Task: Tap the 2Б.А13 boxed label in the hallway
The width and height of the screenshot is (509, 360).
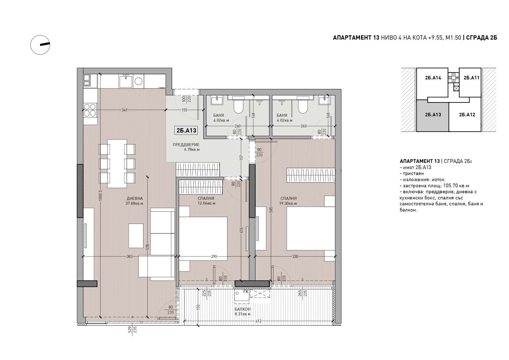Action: [186, 130]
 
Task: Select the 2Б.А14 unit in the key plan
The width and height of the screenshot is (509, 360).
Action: [433, 78]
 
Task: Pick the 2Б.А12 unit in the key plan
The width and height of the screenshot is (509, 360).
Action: [467, 115]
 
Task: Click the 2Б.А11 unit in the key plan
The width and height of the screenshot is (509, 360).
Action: [471, 78]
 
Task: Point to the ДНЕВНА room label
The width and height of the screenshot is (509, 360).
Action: [135, 198]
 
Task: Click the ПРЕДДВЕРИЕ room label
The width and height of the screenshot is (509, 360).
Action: [186, 145]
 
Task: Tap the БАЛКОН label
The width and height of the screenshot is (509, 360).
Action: [243, 309]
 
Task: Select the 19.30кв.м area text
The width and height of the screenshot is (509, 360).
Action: [288, 204]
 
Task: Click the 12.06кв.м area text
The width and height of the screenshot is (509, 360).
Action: [207, 203]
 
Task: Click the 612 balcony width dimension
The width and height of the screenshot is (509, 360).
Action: [259, 321]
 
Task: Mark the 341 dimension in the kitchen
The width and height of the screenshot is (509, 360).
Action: [125, 110]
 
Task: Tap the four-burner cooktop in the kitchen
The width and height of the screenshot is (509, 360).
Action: [90, 110]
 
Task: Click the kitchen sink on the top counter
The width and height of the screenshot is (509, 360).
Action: [126, 81]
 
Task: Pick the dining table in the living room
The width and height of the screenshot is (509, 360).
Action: [117, 164]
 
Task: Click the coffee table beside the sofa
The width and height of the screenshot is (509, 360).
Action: [136, 236]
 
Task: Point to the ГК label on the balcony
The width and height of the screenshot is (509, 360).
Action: [246, 291]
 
